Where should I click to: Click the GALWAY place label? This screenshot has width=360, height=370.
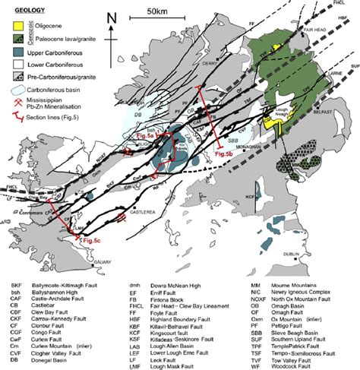click(x=90, y=254)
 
